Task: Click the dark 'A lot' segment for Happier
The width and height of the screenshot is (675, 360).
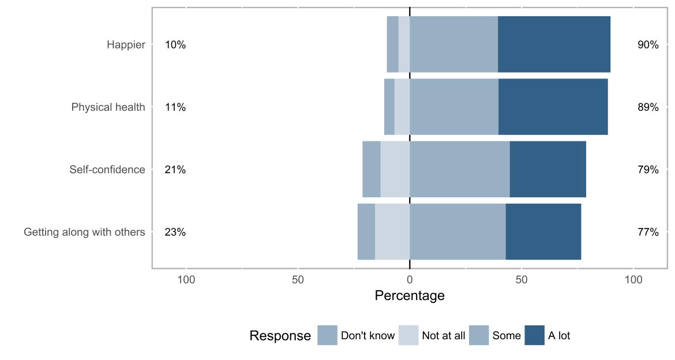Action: tap(554, 44)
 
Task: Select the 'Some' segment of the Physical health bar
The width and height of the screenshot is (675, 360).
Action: tap(453, 107)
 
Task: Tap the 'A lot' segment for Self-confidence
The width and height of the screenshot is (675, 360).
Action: tap(547, 170)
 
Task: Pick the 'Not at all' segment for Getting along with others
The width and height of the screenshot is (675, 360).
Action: tap(392, 232)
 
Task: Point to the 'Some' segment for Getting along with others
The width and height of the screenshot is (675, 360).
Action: tap(457, 232)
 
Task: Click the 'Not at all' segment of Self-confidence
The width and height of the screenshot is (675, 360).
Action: tap(395, 170)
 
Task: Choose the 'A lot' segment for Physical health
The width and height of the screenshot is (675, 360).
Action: tap(553, 107)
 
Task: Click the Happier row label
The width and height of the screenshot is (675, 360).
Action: tap(126, 44)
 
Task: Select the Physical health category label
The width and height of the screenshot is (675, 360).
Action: tap(108, 107)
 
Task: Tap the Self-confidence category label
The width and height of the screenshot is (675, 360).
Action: tap(107, 170)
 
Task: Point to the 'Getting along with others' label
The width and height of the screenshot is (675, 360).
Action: tap(84, 232)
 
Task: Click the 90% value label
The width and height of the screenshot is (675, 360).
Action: tap(648, 44)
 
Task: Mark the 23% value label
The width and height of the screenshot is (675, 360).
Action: tap(175, 232)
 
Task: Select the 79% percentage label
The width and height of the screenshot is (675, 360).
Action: tap(648, 170)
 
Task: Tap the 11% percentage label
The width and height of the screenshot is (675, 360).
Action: tap(175, 107)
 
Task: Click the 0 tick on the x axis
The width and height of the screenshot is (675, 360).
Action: tap(410, 280)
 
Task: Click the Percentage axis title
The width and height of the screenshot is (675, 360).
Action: tap(410, 296)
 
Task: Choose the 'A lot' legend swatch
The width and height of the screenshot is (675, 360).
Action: tap(534, 336)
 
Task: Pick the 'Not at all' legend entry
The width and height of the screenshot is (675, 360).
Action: tap(432, 336)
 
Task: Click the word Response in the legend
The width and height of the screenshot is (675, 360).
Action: tap(280, 336)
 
